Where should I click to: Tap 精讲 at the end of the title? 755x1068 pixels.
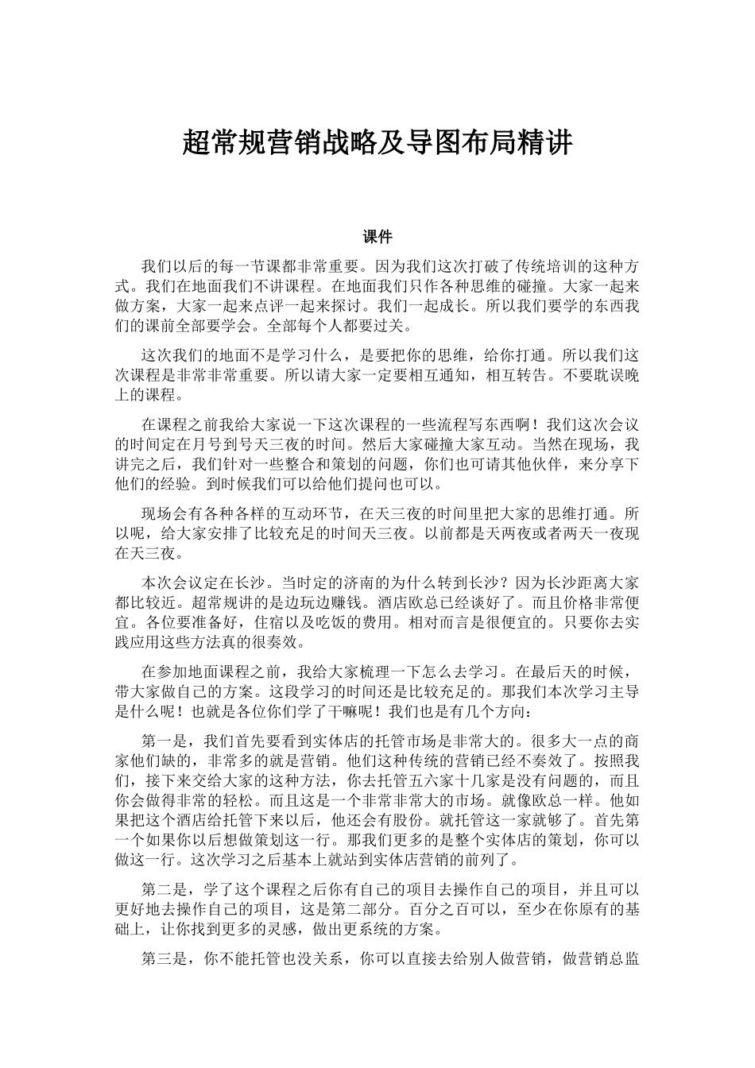tap(550, 143)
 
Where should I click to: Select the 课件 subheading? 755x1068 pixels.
tap(377, 236)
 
